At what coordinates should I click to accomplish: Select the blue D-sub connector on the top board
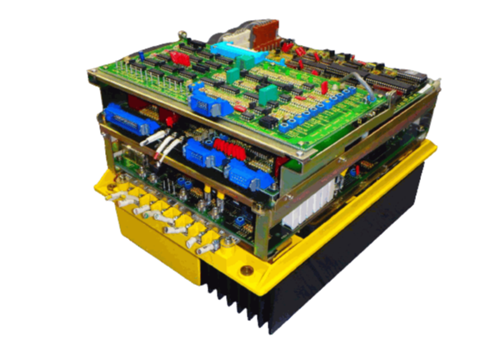click(x=203, y=102)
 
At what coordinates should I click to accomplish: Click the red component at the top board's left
click(x=177, y=57)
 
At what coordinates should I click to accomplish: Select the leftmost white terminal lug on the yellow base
click(x=122, y=192)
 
